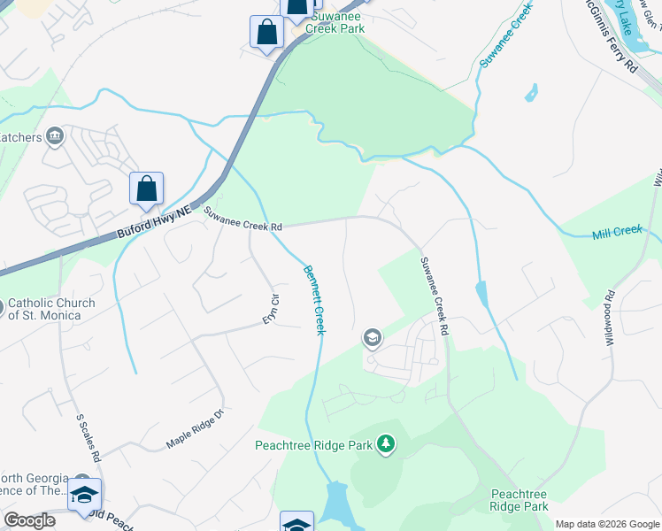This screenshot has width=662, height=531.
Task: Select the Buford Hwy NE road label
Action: (154, 225)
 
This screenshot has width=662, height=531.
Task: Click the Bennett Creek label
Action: (314, 300)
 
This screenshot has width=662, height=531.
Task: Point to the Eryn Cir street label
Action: (273, 310)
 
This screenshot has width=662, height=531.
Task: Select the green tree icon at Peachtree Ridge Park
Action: (385, 442)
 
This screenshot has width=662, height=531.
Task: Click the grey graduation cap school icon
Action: (373, 337)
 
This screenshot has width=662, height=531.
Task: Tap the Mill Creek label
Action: (616, 232)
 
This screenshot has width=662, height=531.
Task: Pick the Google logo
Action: (29, 520)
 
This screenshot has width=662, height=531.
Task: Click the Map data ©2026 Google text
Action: (607, 523)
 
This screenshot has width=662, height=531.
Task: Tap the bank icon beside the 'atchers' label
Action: (55, 136)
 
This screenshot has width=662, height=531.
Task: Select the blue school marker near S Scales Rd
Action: (85, 496)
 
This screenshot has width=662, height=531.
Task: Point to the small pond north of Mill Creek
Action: (531, 92)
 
